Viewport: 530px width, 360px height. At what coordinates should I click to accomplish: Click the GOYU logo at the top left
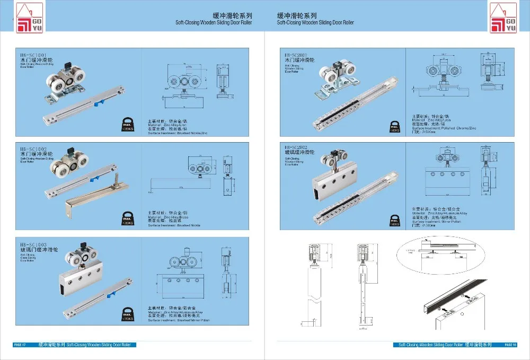24,17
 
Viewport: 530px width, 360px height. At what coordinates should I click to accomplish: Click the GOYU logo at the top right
502,17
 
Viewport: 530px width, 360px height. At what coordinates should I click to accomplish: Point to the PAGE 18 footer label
510,345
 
